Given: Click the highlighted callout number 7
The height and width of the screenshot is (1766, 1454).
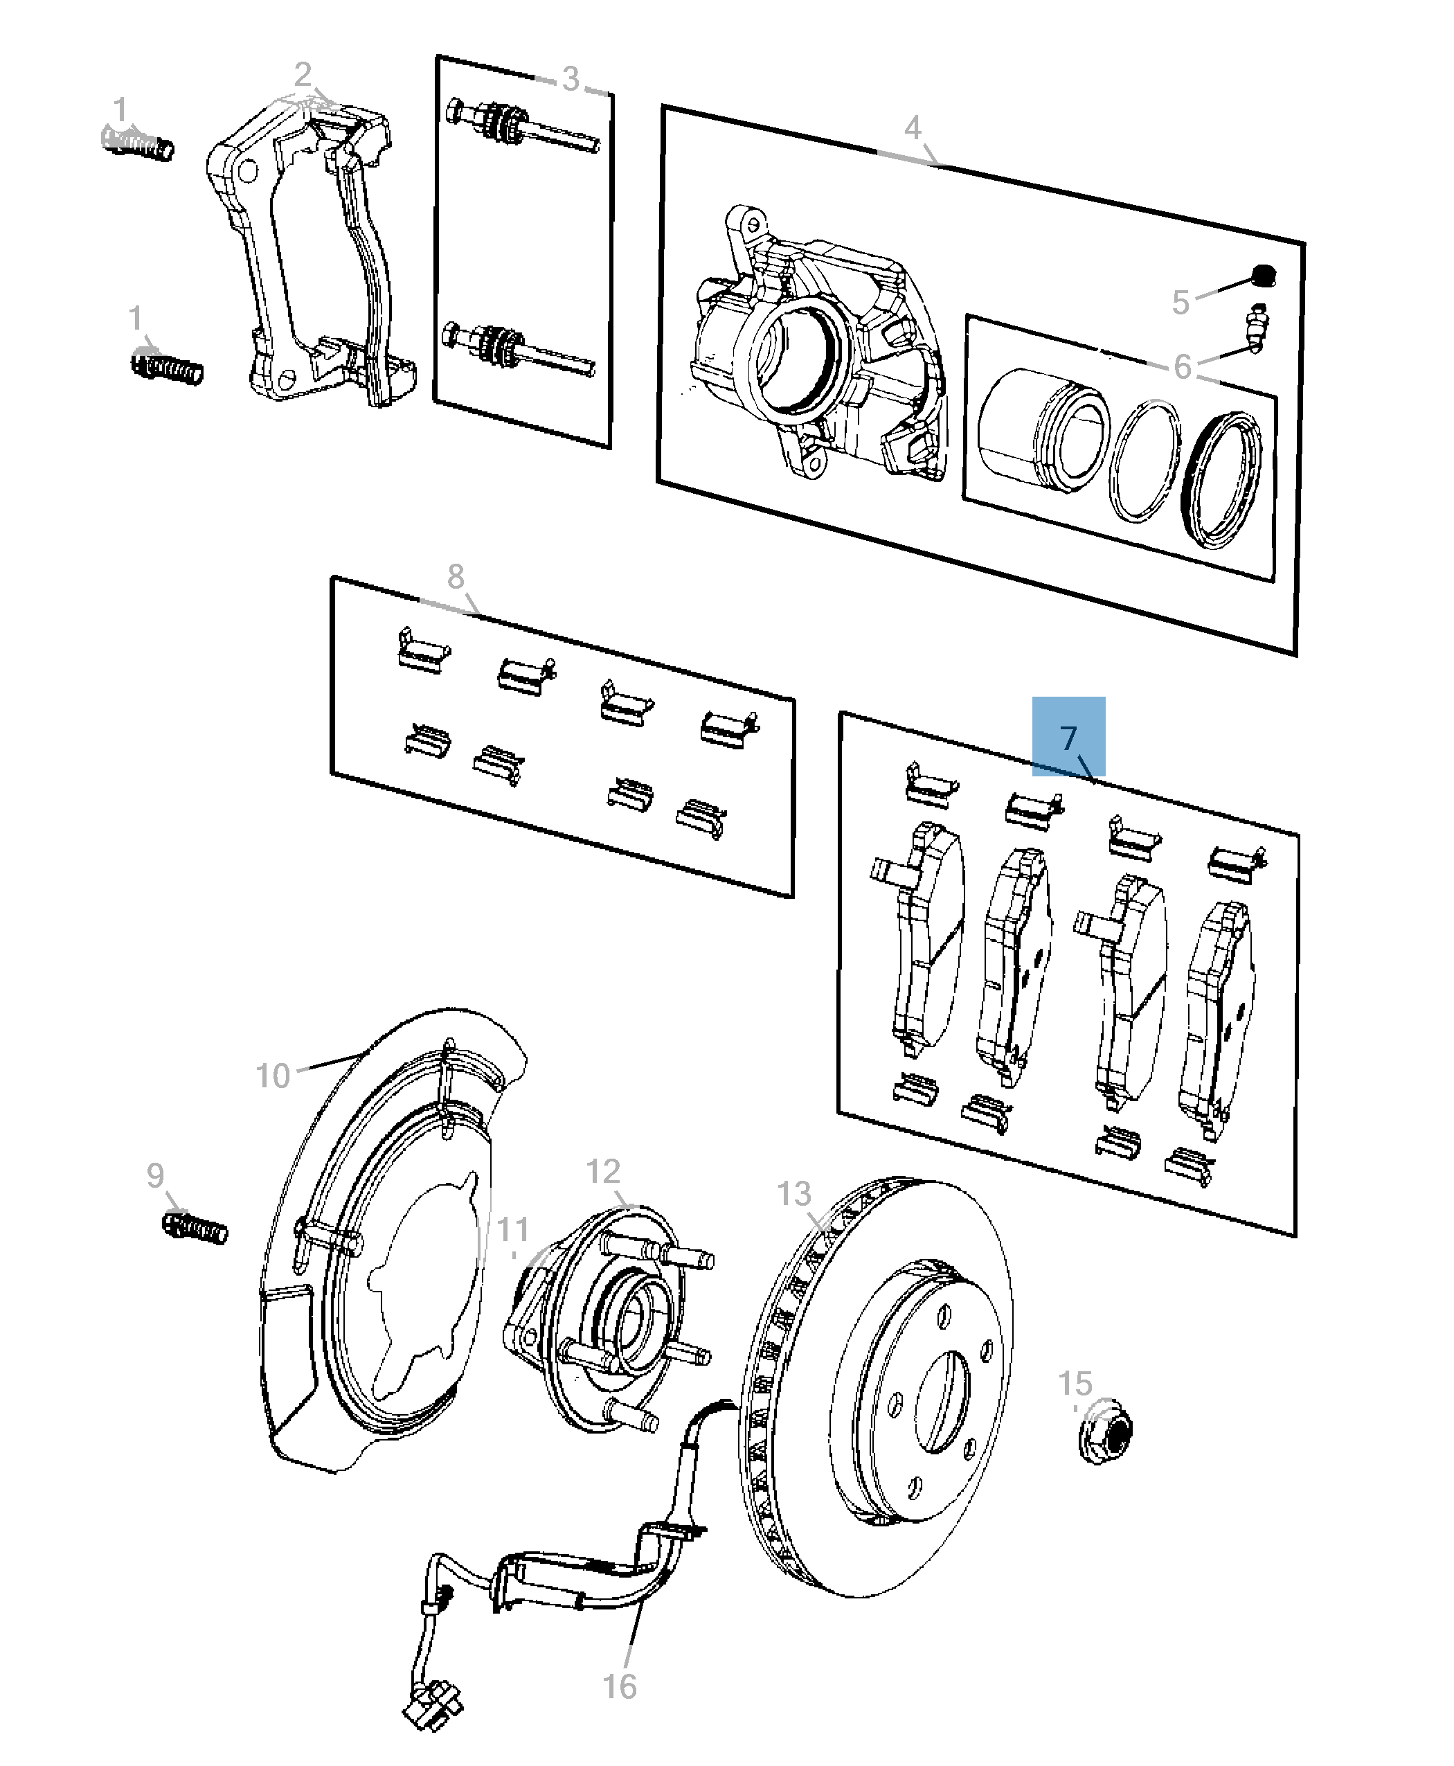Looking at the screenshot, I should click(1068, 738).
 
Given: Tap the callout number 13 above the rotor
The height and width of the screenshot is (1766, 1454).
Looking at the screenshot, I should click(793, 1194).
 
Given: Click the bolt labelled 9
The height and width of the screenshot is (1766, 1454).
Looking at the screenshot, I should click(196, 1227).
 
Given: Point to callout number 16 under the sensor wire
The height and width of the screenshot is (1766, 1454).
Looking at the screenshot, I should click(619, 1686).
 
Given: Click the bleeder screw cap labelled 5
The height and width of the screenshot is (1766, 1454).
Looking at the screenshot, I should click(1262, 275).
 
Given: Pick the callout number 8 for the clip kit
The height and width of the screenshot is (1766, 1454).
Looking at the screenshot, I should click(455, 576).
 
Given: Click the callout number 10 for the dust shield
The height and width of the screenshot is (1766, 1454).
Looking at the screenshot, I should click(272, 1076).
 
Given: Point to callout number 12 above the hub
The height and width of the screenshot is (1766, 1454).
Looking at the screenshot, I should click(602, 1171).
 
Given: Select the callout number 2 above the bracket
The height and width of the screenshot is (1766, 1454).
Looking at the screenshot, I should click(303, 75).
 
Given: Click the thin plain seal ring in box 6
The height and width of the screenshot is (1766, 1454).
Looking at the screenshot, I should click(1143, 460).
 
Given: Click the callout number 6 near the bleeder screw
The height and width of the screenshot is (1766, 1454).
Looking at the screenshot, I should click(1182, 366).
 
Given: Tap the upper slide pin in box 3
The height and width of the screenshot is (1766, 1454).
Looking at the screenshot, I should click(519, 127).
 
